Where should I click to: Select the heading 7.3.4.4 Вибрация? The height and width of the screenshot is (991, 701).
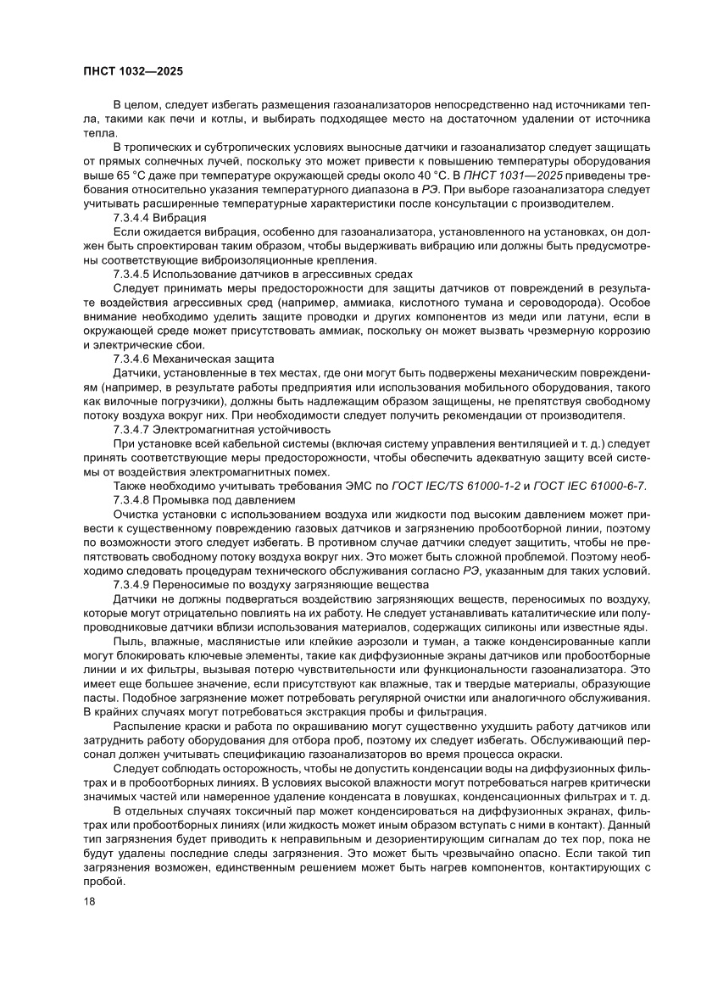pos(159,218)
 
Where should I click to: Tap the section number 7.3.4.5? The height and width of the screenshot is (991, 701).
pos(135,274)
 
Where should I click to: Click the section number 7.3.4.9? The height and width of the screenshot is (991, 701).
pos(135,585)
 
